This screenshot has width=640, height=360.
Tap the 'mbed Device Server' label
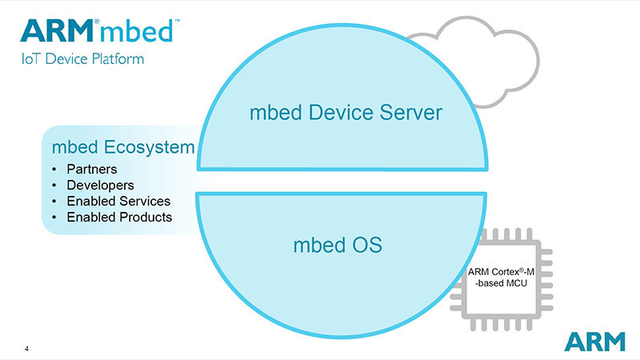coord(345,112)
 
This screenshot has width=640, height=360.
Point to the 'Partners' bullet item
coord(91,170)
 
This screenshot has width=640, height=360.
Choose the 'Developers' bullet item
coord(99,185)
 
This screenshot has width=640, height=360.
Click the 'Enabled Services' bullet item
coord(118,201)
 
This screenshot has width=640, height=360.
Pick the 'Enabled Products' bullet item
coord(119,217)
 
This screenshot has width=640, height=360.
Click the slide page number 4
coord(27,348)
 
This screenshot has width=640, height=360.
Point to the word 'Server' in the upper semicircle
coord(410,112)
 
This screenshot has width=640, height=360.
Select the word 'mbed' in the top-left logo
coord(143,30)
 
